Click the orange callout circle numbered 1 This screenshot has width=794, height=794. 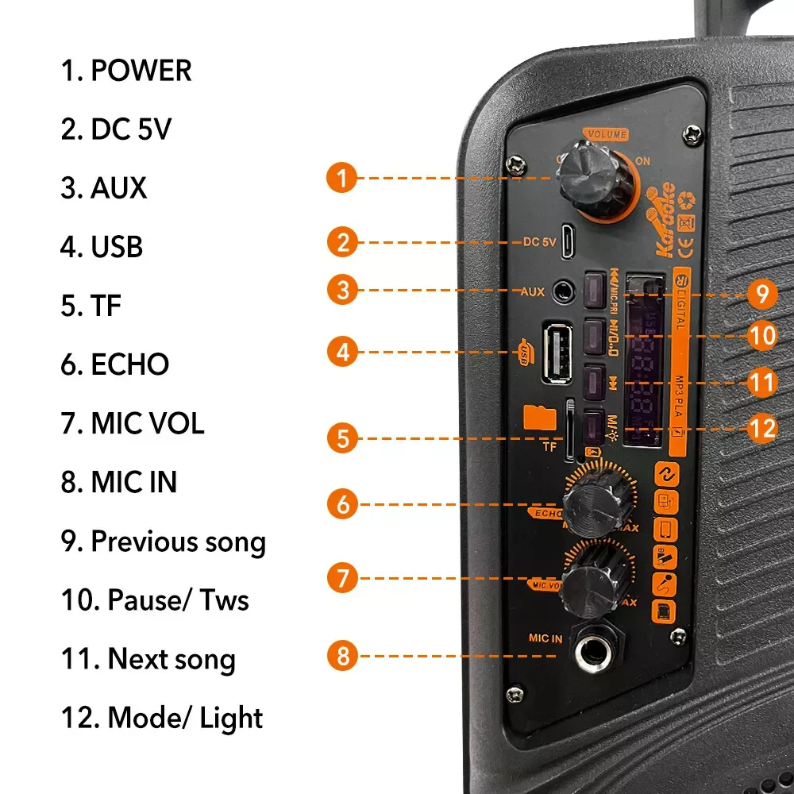[342, 178]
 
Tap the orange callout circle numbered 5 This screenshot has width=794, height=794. [342, 437]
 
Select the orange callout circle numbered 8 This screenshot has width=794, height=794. [342, 656]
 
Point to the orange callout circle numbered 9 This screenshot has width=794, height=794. [761, 295]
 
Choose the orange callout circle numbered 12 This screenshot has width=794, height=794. [761, 429]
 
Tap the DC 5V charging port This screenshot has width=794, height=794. [569, 242]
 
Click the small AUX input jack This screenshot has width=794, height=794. [565, 291]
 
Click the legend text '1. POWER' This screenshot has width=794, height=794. [126, 71]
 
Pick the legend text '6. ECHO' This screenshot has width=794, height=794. [115, 364]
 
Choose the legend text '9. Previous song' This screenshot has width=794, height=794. [163, 542]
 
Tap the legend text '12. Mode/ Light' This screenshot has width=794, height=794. [162, 718]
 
